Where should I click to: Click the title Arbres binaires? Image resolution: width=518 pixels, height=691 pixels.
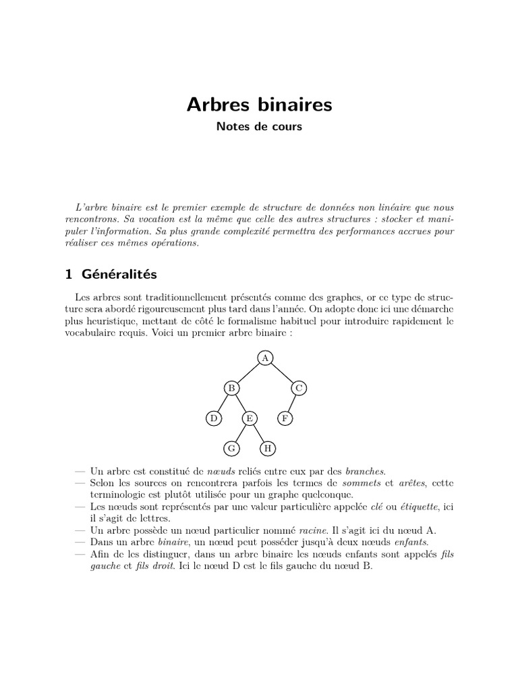pyautogui.click(x=259, y=105)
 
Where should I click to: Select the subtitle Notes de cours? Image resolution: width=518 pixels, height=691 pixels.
pyautogui.click(x=259, y=126)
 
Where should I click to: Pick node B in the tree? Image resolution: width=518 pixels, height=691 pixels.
pyautogui.click(x=231, y=388)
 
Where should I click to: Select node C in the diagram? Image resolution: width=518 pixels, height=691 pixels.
pyautogui.click(x=299, y=388)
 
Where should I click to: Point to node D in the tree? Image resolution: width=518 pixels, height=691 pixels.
pyautogui.click(x=213, y=419)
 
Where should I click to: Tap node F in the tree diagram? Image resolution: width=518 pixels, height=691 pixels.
pyautogui.click(x=285, y=419)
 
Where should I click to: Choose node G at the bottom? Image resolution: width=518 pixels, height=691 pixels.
pyautogui.click(x=231, y=449)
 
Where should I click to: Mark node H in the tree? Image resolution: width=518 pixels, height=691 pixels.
pyautogui.click(x=268, y=449)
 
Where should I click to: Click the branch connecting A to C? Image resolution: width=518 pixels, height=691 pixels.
pyautogui.click(x=283, y=372)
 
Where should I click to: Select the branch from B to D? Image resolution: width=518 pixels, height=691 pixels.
pyautogui.click(x=223, y=404)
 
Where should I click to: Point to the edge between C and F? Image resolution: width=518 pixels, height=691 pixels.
pyautogui.click(x=292, y=404)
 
